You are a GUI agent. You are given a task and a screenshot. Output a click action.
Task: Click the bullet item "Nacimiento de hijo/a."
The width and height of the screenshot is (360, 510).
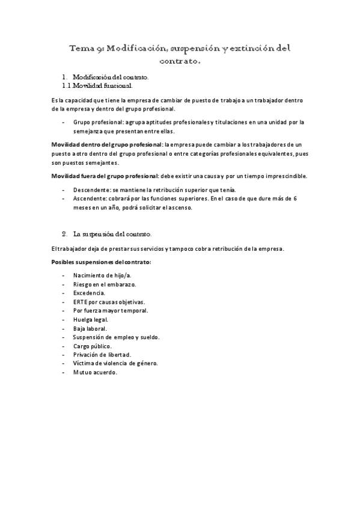click(102, 275)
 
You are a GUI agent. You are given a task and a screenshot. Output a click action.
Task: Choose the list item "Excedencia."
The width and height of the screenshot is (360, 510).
click(89, 293)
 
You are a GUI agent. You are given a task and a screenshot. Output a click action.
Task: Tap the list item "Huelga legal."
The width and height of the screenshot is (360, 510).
click(91, 319)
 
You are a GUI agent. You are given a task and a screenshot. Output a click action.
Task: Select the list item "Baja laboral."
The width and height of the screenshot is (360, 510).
click(90, 328)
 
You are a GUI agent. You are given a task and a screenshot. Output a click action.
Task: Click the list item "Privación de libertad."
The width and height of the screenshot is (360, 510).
click(102, 355)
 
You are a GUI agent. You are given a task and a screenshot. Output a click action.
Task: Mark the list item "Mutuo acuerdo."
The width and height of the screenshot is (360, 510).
click(95, 373)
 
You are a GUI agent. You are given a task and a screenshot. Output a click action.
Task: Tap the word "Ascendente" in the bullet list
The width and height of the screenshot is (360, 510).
click(90, 198)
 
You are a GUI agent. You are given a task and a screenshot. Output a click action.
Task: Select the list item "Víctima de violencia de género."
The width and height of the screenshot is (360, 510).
click(115, 364)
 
